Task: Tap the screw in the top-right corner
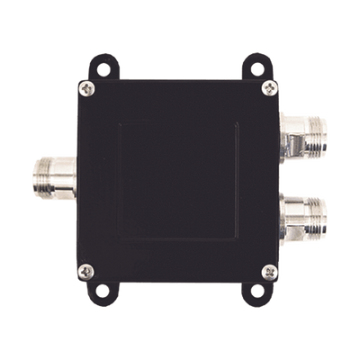[x=269, y=87]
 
